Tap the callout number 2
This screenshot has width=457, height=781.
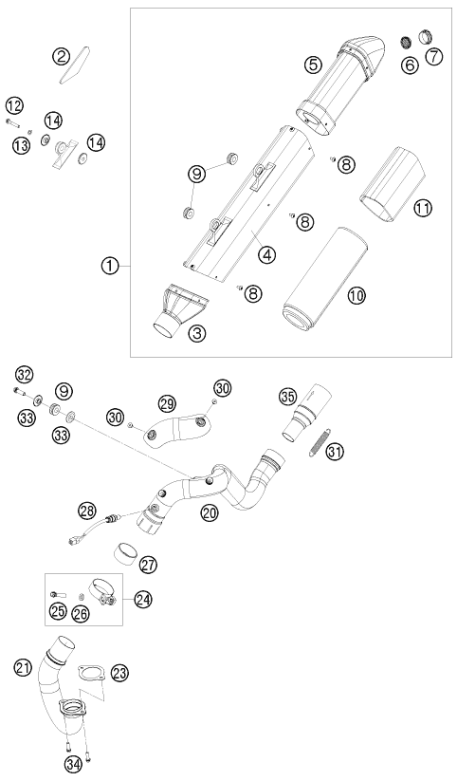(62, 56)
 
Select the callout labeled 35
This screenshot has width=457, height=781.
(287, 398)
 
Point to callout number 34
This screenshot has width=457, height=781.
(74, 763)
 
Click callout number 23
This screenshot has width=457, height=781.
(119, 673)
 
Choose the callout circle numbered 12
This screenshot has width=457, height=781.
(15, 106)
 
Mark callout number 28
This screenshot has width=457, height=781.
(87, 511)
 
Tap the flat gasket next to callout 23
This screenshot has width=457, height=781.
(91, 672)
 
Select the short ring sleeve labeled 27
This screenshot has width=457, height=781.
(125, 552)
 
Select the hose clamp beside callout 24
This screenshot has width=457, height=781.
(102, 593)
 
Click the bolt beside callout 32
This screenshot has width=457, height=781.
(20, 392)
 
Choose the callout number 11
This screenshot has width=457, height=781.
(422, 208)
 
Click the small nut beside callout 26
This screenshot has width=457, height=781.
(82, 596)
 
